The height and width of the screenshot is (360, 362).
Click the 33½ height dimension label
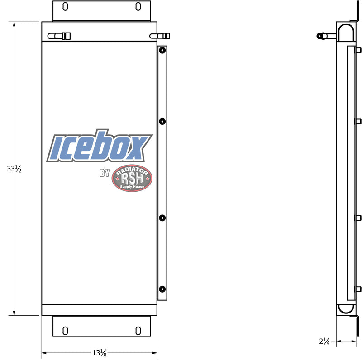point(14,169)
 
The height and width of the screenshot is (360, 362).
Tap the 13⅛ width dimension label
point(100,353)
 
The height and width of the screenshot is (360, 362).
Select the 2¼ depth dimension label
point(324,341)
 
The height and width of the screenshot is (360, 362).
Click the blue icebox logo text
point(100,146)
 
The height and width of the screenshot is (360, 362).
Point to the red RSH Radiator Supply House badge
point(132,178)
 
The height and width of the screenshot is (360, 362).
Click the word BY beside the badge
point(105,173)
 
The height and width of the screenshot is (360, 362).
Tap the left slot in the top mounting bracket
point(65,6)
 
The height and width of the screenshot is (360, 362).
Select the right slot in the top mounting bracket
point(138,6)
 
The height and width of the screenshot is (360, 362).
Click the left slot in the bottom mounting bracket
point(65,331)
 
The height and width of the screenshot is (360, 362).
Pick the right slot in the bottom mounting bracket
point(138,331)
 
